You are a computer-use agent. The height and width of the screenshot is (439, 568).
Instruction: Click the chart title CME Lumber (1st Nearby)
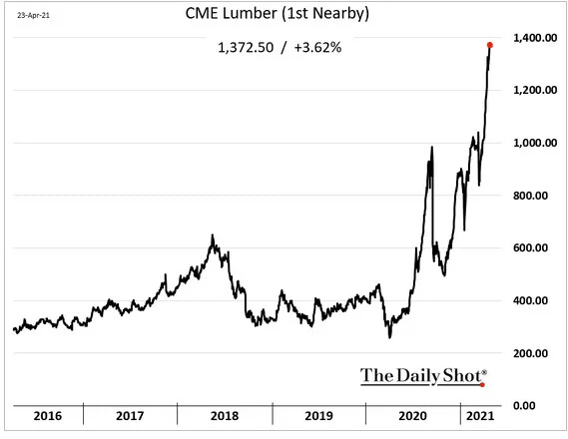(278, 13)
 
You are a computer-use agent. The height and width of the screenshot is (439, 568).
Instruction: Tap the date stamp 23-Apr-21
(33, 15)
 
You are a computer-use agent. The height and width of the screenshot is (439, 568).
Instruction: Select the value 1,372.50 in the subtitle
(246, 48)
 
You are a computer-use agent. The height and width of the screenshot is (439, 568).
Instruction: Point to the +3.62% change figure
(317, 48)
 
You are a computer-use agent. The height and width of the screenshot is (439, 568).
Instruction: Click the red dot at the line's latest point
(490, 45)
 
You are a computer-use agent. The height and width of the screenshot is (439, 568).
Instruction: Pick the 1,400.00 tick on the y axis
(535, 38)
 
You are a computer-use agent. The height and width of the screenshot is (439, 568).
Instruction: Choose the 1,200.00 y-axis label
(535, 90)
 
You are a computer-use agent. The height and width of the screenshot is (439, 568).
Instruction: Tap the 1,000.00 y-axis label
(535, 143)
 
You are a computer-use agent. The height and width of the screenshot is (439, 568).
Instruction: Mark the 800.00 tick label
(530, 196)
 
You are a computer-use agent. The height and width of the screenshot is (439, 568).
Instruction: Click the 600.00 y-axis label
(530, 247)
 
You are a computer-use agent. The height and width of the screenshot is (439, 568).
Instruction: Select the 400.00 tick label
(530, 300)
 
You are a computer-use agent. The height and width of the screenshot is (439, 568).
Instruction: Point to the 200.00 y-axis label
(530, 353)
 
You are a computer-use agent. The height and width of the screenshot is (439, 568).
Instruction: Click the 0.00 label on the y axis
(524, 406)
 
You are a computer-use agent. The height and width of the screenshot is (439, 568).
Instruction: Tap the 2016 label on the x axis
(48, 416)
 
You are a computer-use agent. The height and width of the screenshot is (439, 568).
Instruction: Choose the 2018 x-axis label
(225, 416)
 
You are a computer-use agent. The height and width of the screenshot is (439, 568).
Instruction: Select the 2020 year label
(413, 416)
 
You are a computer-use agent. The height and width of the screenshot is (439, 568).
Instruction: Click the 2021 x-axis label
(480, 416)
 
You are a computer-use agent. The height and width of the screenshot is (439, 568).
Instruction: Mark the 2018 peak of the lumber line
(213, 235)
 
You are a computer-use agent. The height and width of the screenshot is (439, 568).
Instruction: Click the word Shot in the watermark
(462, 375)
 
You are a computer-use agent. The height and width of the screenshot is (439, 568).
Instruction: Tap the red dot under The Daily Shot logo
(482, 385)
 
